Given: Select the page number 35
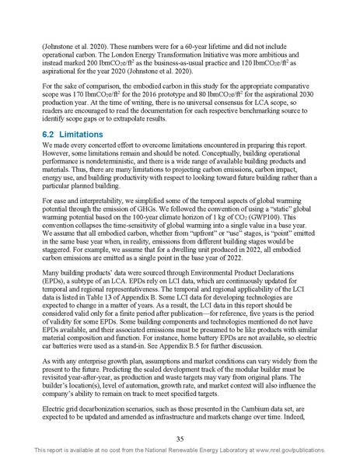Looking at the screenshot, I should coord(180,438).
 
